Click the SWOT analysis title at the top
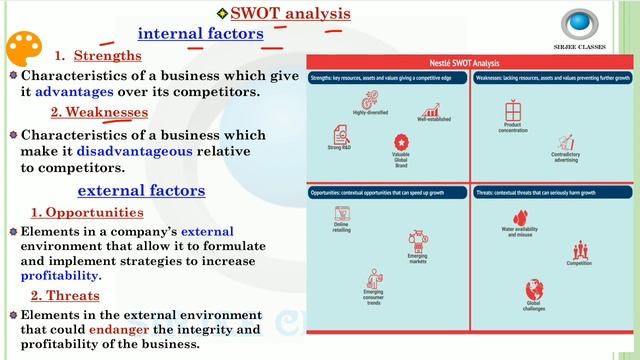(x=289, y=13)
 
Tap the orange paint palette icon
(x=23, y=51)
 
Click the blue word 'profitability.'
(x=59, y=275)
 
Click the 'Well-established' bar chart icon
(x=434, y=111)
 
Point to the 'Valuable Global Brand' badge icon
(x=402, y=142)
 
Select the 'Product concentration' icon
(x=514, y=110)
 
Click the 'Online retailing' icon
(x=342, y=215)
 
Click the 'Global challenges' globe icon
(x=534, y=289)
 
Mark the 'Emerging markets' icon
(x=418, y=241)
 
